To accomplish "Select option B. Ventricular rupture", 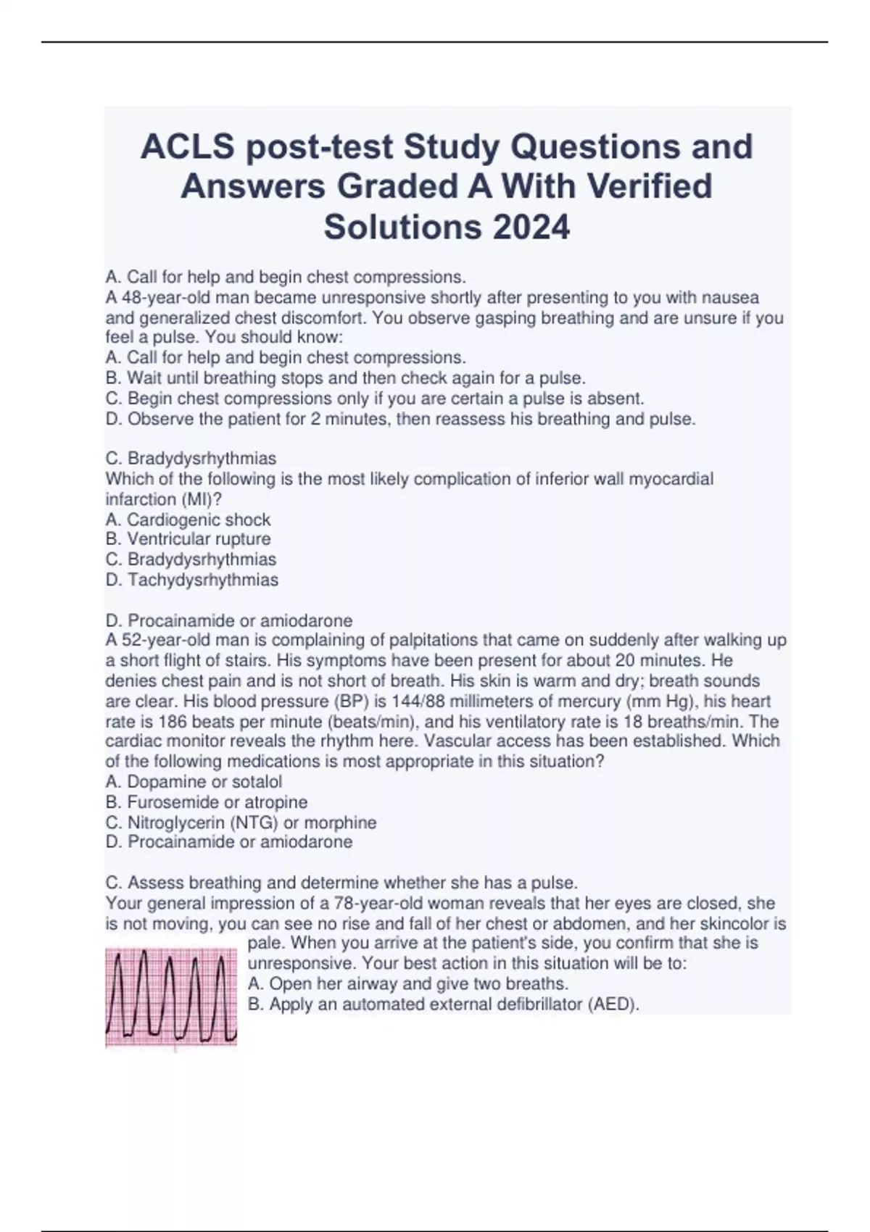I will click(x=188, y=539).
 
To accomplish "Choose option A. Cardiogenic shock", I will click(x=188, y=520).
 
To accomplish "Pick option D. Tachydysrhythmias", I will click(x=191, y=580).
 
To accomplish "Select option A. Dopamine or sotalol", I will click(x=194, y=782).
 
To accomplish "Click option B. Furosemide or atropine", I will click(x=206, y=802).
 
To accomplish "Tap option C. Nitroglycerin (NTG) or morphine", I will click(x=241, y=823).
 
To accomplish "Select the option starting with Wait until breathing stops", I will click(x=345, y=378).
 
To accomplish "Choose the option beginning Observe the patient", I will click(x=400, y=419).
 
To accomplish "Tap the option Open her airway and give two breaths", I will click(x=408, y=984).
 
